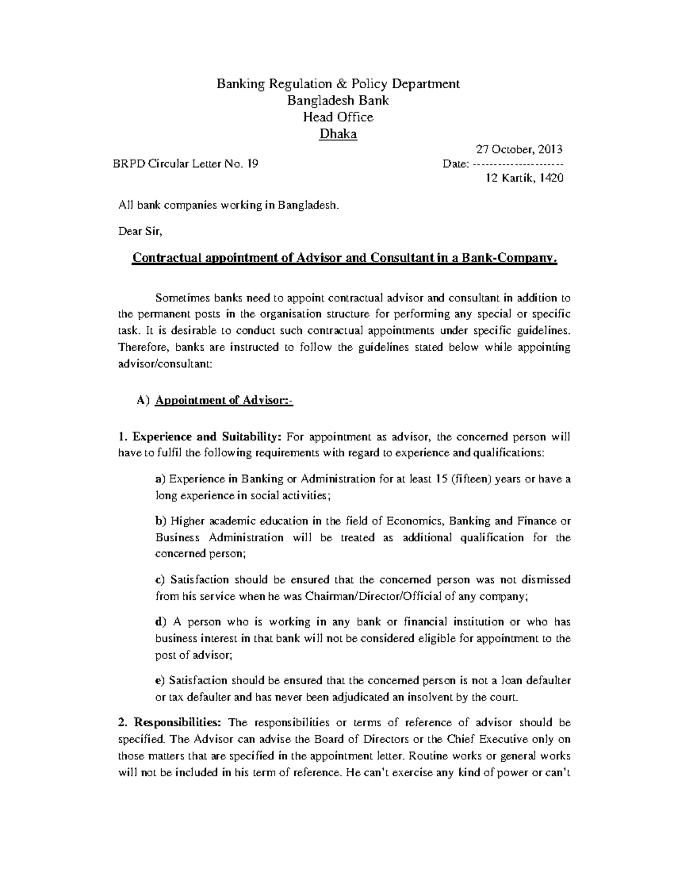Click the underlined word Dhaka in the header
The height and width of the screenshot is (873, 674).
point(338,134)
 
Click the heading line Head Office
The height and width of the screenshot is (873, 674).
point(338,117)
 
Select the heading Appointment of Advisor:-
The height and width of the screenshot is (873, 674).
point(224,401)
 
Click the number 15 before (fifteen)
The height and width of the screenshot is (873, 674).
point(441,479)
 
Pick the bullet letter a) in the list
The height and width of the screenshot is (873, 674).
point(161,479)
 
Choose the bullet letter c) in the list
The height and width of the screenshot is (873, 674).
point(161,580)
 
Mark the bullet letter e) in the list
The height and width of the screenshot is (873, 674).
point(161,681)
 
